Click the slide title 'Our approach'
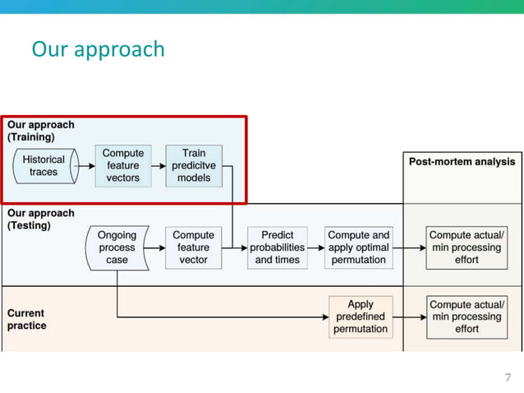point(98,49)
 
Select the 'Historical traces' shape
point(44,166)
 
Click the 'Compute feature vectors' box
point(123,165)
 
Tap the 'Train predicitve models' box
point(194,165)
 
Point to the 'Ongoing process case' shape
point(117,247)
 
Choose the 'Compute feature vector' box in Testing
point(193,247)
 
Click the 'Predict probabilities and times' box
point(278,247)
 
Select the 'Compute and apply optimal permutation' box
point(359,247)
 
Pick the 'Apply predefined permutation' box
point(360,317)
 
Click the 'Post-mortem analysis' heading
point(462,162)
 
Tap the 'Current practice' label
point(27,319)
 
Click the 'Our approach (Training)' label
point(41,131)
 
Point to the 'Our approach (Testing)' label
point(41,219)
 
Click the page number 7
point(507,377)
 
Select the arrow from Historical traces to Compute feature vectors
point(85,166)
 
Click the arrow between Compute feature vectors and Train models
point(158,166)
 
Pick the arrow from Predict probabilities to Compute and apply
point(317,247)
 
